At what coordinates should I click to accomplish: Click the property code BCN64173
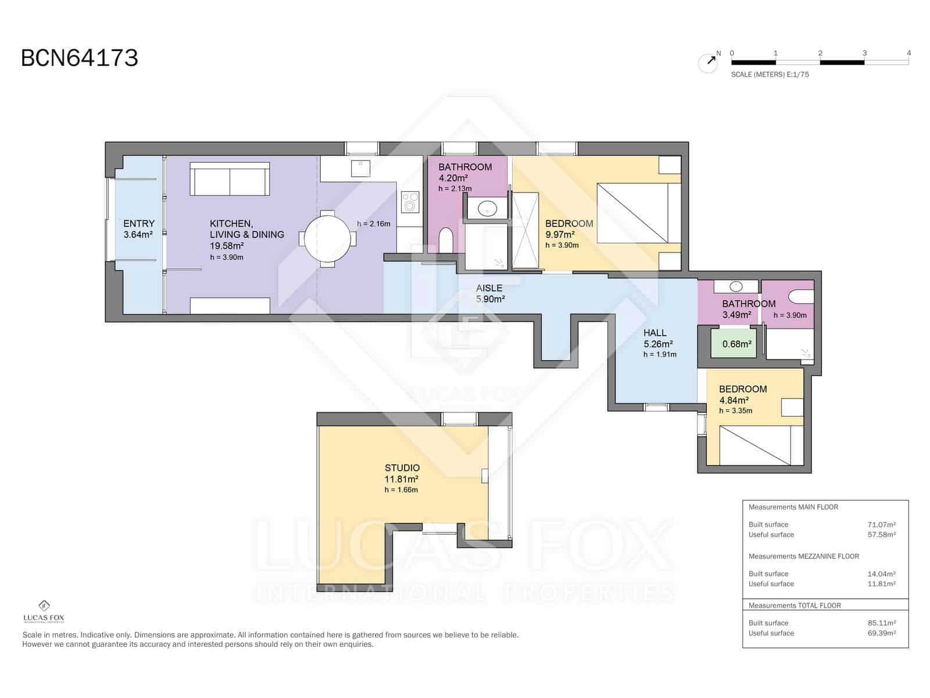(x=80, y=58)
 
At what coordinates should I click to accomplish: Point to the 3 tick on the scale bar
(x=864, y=54)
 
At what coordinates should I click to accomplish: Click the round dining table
(x=328, y=238)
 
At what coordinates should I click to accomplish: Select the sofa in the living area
(x=230, y=179)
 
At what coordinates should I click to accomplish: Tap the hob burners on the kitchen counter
(x=411, y=202)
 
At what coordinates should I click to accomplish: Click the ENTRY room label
(x=139, y=223)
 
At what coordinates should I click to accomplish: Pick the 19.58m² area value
(x=227, y=246)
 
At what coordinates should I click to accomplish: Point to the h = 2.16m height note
(x=373, y=223)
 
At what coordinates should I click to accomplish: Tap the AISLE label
(x=489, y=288)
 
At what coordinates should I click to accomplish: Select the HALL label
(x=654, y=333)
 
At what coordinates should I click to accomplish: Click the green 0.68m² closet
(x=736, y=344)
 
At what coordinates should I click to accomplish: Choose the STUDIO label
(x=402, y=468)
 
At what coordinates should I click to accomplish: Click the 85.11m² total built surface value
(x=881, y=623)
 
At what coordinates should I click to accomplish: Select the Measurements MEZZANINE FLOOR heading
(x=803, y=556)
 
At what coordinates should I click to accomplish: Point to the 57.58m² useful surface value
(x=881, y=535)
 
